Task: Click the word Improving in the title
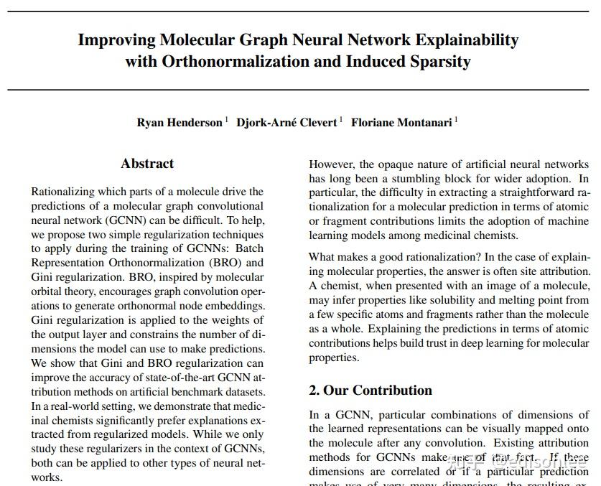115,39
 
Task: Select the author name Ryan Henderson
180,123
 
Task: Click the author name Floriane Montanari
401,123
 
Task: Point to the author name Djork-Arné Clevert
286,123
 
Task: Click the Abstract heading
147,164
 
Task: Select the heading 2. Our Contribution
371,391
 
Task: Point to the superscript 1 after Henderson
227,119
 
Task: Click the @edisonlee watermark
544,463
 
